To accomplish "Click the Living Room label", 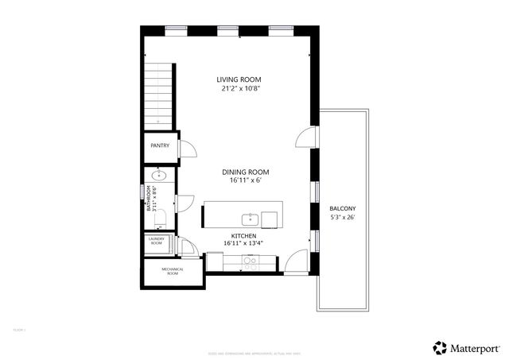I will coord(239,79).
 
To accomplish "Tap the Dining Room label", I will coord(245,172).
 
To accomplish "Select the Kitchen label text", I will coord(243,236).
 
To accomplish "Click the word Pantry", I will coord(160,145).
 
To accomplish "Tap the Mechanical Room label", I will coord(173,270).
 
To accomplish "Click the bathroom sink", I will coord(158,176).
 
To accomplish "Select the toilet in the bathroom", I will coord(157,207).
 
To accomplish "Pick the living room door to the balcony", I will coord(304,137).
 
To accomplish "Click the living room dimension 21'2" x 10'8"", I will coord(239,89).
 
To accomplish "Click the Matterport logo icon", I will coord(440,347).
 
